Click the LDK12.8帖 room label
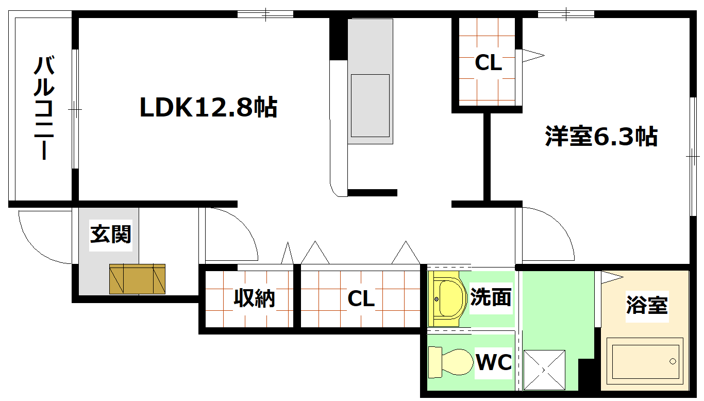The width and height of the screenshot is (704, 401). click(x=208, y=107)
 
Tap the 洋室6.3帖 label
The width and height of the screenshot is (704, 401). click(x=601, y=136)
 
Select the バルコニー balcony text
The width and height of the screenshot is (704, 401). click(x=44, y=108)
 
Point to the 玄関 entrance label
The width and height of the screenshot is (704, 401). click(x=111, y=235)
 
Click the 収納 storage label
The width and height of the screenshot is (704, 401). click(x=254, y=298)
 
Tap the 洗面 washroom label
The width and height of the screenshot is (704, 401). click(x=491, y=297)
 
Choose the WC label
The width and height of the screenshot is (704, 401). click(x=494, y=362)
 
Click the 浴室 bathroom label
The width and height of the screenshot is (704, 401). click(x=647, y=305)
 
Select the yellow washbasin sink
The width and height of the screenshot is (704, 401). click(x=446, y=299)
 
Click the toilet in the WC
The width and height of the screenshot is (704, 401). click(x=450, y=362)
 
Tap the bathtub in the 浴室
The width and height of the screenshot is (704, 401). click(x=645, y=361)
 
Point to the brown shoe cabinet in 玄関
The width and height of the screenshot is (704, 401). click(x=137, y=279)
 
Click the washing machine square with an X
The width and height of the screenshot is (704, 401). click(x=544, y=370)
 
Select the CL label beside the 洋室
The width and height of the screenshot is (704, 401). click(x=488, y=62)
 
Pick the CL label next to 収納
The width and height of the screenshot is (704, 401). click(x=361, y=298)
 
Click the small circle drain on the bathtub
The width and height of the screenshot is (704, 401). click(x=673, y=361)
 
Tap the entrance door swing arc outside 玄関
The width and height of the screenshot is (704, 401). click(x=33, y=248)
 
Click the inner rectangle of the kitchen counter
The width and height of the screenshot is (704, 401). click(x=370, y=106)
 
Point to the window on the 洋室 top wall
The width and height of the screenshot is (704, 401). click(x=566, y=14)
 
